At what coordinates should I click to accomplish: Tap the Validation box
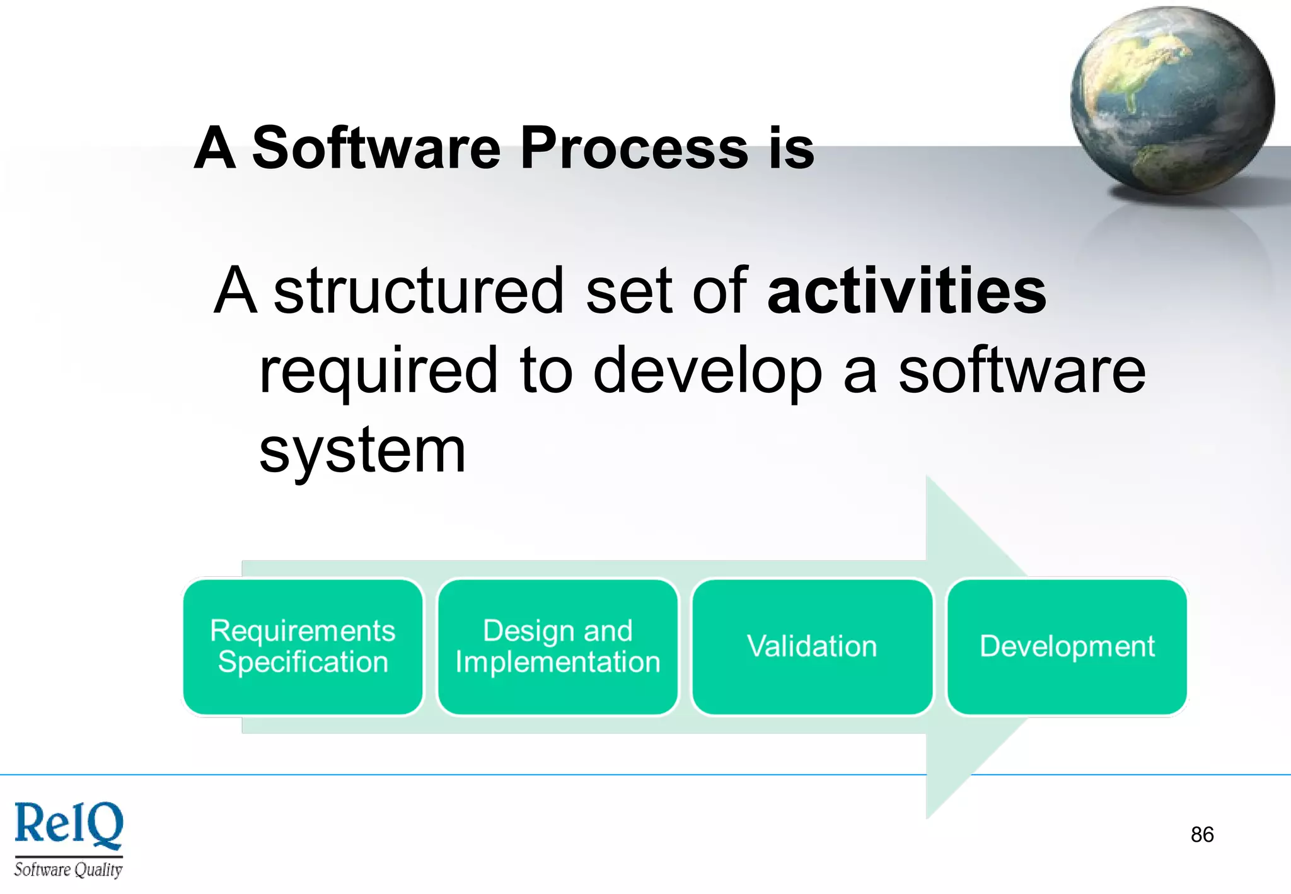pos(812,647)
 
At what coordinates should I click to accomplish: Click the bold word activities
pos(906,291)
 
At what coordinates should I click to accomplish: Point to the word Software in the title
pos(376,149)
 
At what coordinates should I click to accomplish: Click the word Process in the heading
pos(634,149)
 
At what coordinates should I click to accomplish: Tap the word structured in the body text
pos(419,291)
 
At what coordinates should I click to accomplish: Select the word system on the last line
pos(362,451)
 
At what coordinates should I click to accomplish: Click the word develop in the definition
pos(707,372)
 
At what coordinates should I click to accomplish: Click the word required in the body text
pos(379,372)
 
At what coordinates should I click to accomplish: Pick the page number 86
pos(1201,835)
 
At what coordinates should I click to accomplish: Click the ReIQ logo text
pos(69,825)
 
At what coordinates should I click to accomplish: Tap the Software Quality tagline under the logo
pos(68,870)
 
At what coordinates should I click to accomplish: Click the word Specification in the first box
pos(303,662)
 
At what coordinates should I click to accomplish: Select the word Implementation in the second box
pos(557,662)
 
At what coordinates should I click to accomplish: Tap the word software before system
pos(1021,372)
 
